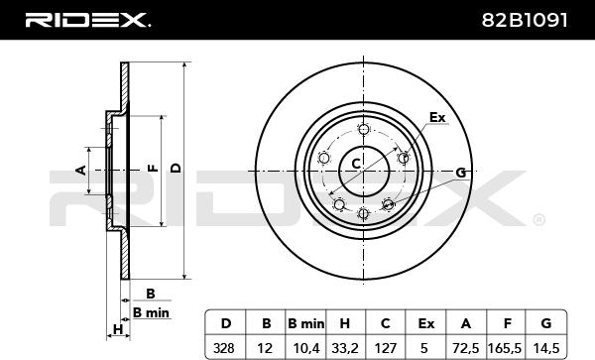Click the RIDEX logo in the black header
point(87,20)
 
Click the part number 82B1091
point(525,20)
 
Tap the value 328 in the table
point(224,347)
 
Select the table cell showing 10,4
point(306,348)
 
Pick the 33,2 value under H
point(345,348)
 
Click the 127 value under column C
point(386,347)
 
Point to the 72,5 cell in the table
point(466,348)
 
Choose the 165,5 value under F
point(505,348)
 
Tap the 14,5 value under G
point(545,348)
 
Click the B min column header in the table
point(306,323)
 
